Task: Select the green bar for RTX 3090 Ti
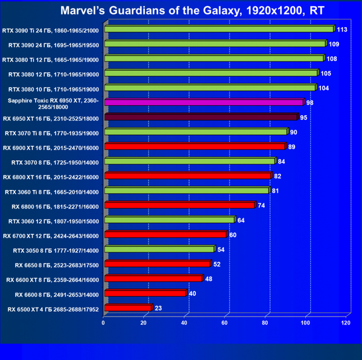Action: (x=219, y=29)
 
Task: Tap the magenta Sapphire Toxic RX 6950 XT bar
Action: (x=204, y=103)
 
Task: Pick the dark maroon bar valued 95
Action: (x=202, y=117)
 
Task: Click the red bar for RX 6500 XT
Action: (x=128, y=308)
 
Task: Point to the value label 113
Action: (x=341, y=29)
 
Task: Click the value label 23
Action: (x=158, y=308)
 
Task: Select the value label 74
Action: (x=262, y=205)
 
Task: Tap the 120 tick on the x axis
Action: (x=346, y=323)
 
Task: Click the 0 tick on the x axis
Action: (x=104, y=323)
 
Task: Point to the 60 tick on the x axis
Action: (x=225, y=323)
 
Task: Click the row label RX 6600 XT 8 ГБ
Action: (x=52, y=279)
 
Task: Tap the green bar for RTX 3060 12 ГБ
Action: (x=169, y=220)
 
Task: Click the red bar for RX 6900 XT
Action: (x=195, y=147)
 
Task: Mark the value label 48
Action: (x=209, y=279)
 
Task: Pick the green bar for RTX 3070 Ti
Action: (x=196, y=132)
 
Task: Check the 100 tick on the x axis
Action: (x=305, y=323)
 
